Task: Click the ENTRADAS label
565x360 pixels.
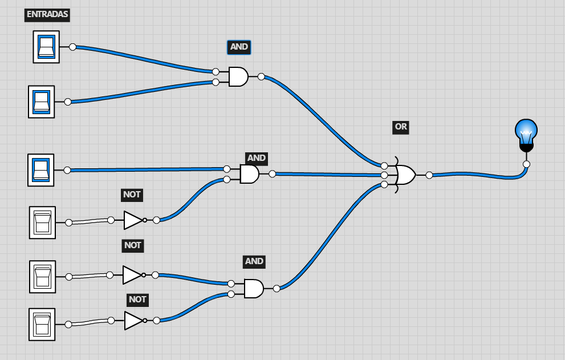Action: click(47, 14)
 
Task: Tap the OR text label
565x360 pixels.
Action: click(401, 127)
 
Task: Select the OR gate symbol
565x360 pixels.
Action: click(405, 175)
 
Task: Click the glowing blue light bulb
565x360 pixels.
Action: click(526, 133)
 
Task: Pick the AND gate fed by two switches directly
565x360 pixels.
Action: click(238, 76)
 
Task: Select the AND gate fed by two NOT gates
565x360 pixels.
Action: click(253, 288)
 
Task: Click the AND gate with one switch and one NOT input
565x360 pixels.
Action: click(249, 174)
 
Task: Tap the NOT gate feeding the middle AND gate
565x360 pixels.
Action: click(133, 220)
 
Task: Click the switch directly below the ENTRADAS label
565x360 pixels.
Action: click(46, 47)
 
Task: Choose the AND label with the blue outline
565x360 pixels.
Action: click(239, 47)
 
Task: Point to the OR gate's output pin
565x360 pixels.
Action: click(429, 175)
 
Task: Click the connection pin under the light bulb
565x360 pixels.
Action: click(526, 164)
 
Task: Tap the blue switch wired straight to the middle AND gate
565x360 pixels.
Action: click(41, 170)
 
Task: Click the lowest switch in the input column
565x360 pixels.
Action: click(42, 324)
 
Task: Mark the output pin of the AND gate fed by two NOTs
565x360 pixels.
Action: click(277, 288)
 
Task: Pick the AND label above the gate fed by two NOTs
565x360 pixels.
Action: click(254, 261)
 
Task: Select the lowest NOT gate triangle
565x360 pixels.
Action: click(133, 320)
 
